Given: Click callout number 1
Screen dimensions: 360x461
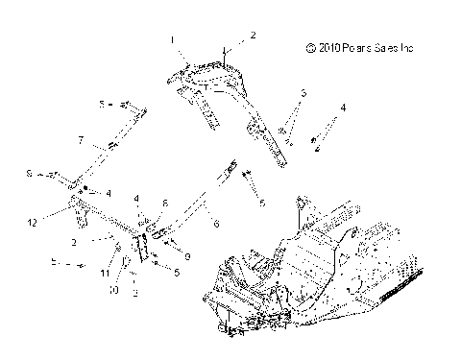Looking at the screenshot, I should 173,40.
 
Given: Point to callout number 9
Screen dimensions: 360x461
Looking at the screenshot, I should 187,256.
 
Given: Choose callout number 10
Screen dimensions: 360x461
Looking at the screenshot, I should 113,288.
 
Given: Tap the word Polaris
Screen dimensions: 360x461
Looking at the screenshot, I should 362,45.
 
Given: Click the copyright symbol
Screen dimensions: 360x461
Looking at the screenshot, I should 309,45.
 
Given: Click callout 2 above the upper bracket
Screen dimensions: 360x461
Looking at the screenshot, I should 254,35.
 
